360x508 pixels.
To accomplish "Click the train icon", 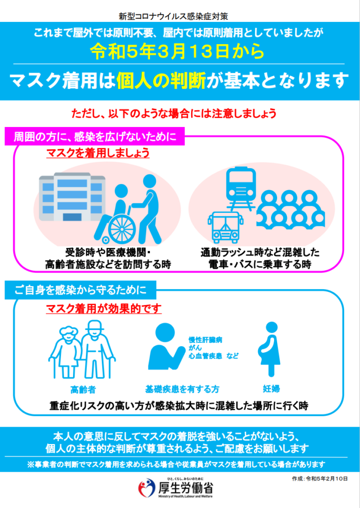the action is pyautogui.click(x=241, y=188).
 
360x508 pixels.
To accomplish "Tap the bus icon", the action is pyautogui.click(x=225, y=227).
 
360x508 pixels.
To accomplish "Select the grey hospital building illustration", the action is pyautogui.click(x=72, y=196).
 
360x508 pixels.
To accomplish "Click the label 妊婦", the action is pyautogui.click(x=271, y=389).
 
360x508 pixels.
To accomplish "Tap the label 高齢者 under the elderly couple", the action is pyautogui.click(x=83, y=389).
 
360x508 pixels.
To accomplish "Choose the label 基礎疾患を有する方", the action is pyautogui.click(x=182, y=389).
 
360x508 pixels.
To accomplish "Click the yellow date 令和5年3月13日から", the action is pyautogui.click(x=177, y=52).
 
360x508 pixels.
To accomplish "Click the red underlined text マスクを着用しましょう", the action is pyautogui.click(x=98, y=153).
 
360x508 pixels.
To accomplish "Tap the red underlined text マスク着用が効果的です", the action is pyautogui.click(x=104, y=309).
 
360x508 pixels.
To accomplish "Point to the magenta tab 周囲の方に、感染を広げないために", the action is pyautogui.click(x=95, y=136).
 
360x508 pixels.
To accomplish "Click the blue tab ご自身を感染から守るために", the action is pyautogui.click(x=80, y=290).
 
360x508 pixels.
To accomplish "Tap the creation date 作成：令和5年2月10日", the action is pyautogui.click(x=320, y=479).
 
